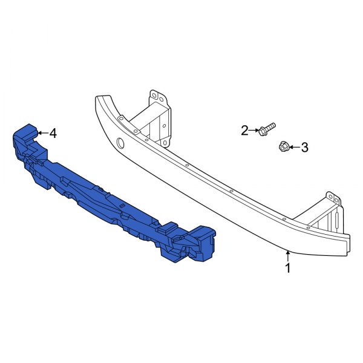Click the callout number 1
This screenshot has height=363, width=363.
[x=288, y=267]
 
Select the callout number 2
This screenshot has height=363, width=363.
[x=245, y=130]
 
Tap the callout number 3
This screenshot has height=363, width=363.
[x=304, y=147]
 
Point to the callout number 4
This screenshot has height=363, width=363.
[x=53, y=133]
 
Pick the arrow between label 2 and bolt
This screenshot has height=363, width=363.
[x=255, y=130]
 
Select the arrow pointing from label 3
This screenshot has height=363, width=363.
[x=294, y=146]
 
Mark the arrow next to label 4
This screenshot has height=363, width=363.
[x=41, y=132]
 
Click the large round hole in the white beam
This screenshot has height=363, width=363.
[x=120, y=143]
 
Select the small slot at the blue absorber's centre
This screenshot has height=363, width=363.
[x=121, y=206]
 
